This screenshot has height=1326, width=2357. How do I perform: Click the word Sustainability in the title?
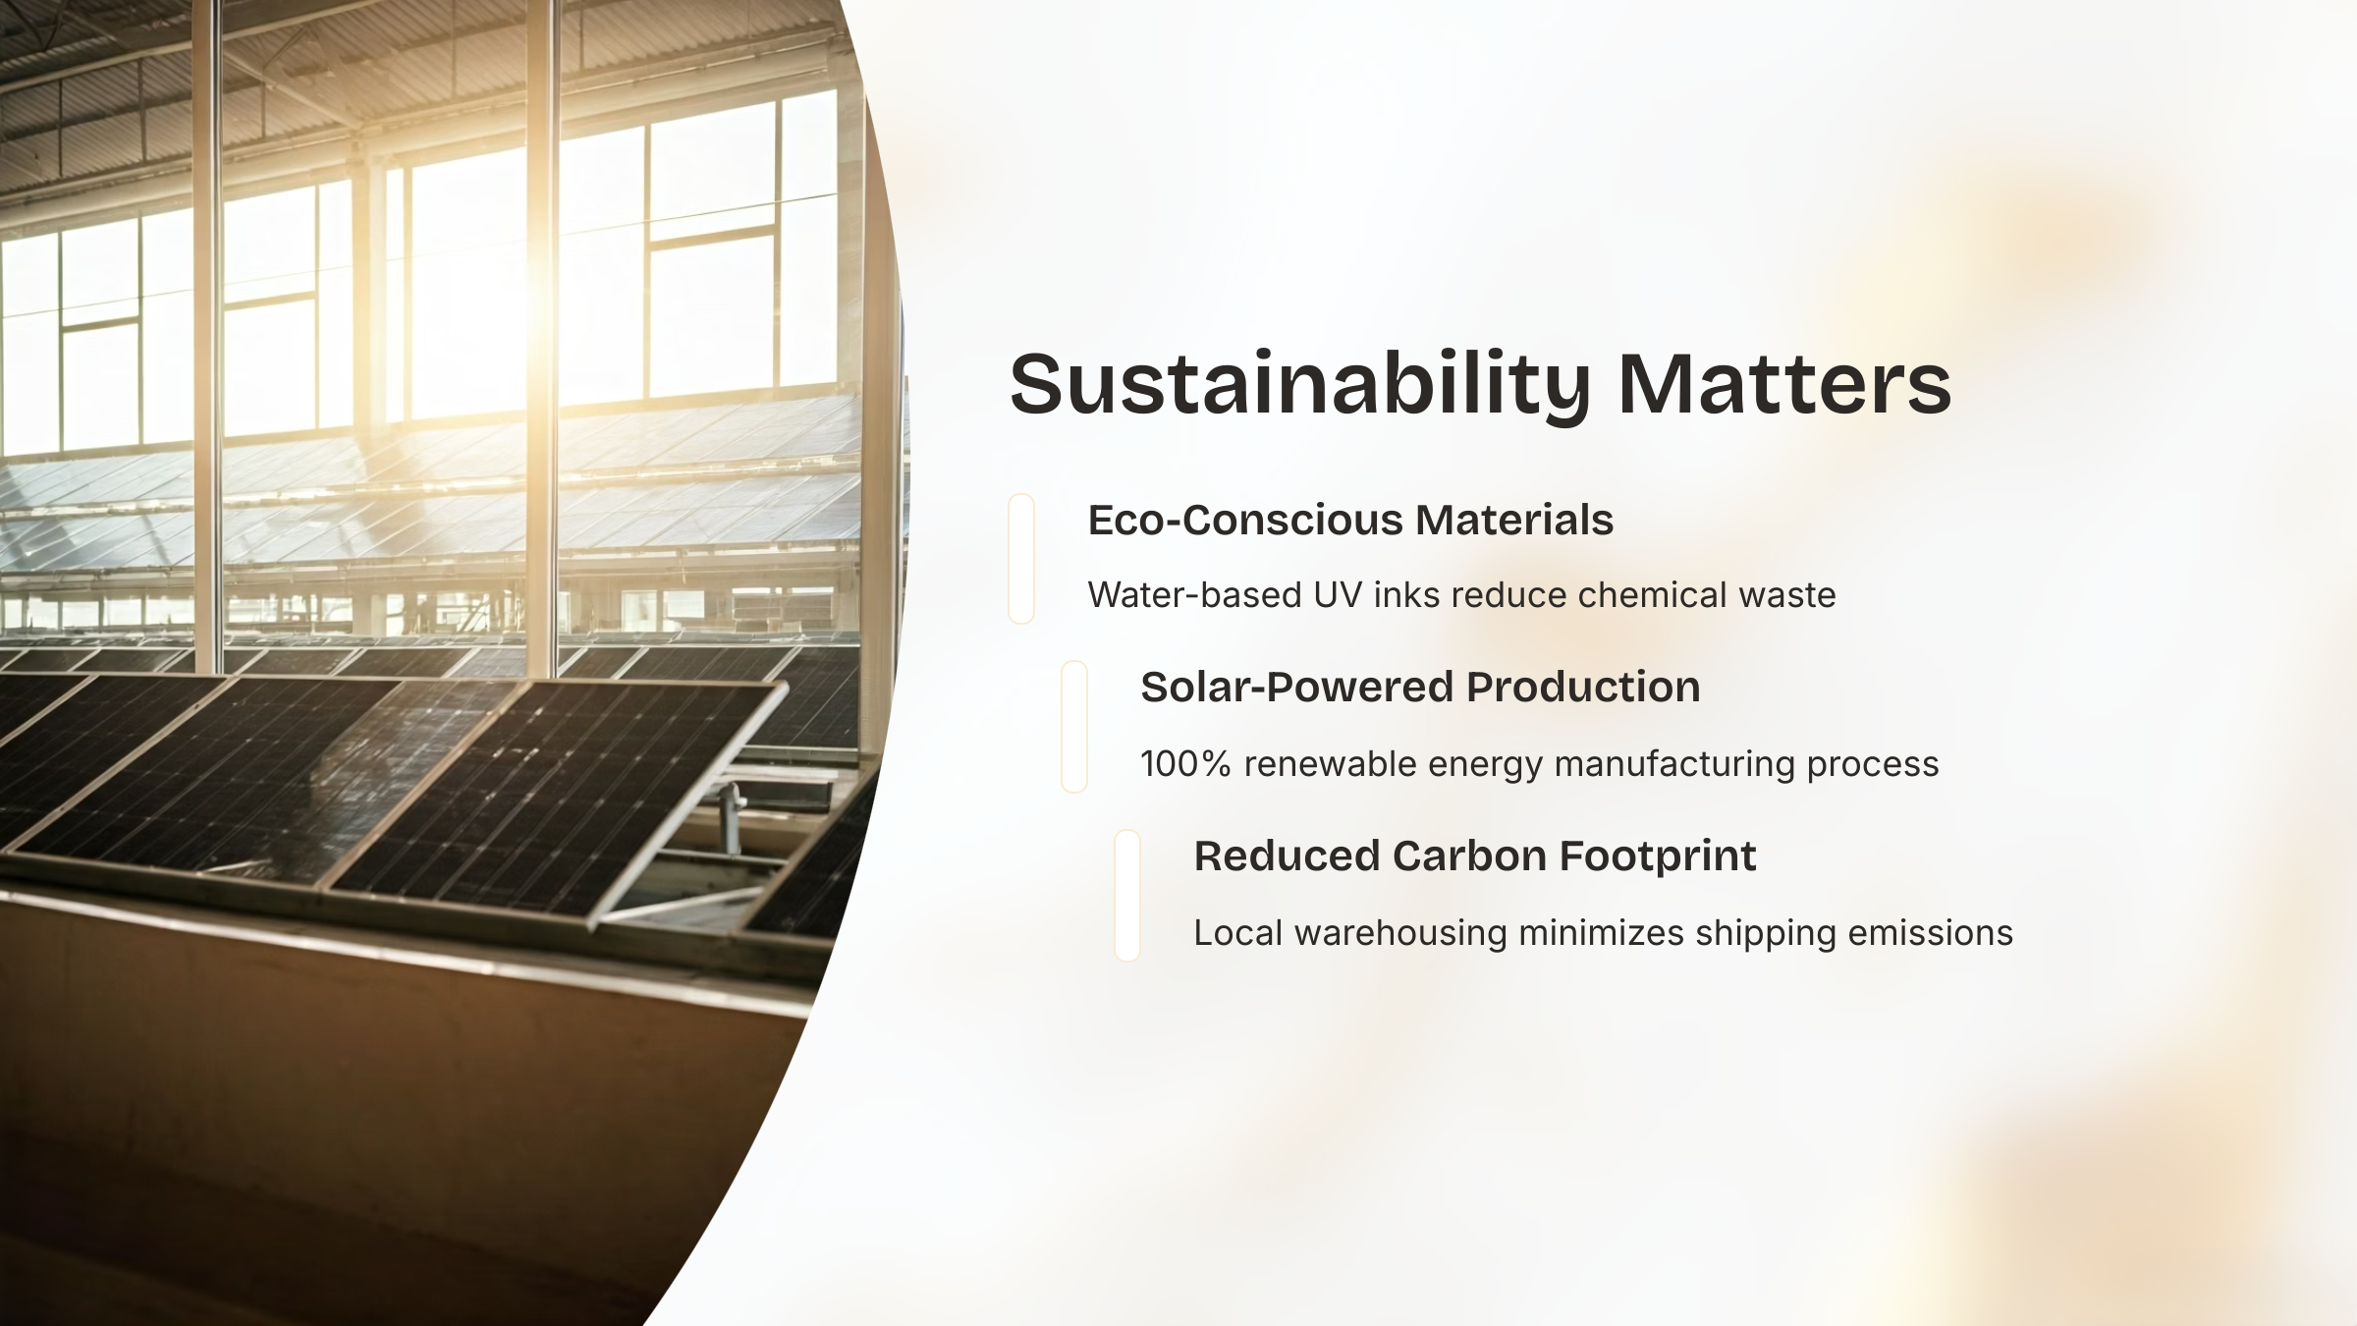[1299, 385]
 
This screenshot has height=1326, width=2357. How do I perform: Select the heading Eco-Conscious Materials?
[1350, 520]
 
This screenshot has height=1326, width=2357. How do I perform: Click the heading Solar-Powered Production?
[1420, 687]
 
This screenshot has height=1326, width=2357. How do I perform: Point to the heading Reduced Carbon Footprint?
[1475, 856]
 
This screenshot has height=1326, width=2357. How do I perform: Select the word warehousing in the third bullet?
[1400, 933]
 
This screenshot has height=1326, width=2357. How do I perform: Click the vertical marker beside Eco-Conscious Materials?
[1021, 559]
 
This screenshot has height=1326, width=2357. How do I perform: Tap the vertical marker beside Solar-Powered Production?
[1074, 727]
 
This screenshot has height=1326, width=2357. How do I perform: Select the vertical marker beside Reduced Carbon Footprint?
[1127, 896]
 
